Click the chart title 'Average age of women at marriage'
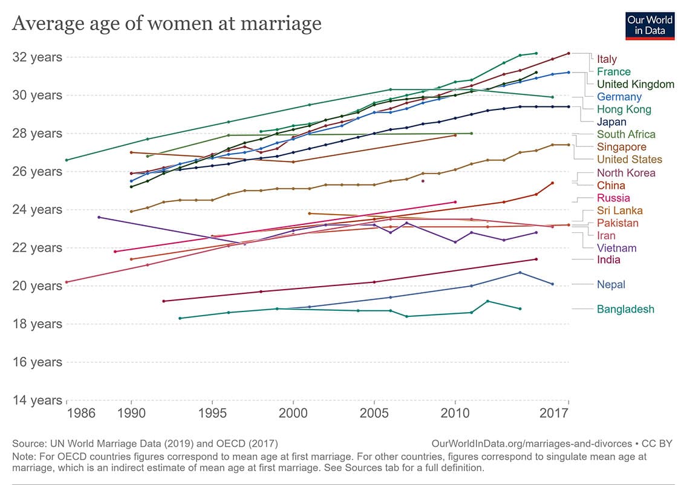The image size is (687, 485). click(x=166, y=24)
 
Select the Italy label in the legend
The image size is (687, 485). click(x=607, y=59)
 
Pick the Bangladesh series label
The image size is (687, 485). click(x=625, y=310)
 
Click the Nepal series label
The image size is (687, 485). click(x=611, y=285)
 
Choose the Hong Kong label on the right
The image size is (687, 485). click(x=624, y=109)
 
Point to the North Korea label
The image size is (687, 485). click(x=626, y=173)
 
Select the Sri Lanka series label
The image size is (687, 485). click(x=619, y=210)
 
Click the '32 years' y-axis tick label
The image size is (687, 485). click(x=37, y=57)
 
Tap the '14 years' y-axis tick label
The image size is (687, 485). click(x=37, y=400)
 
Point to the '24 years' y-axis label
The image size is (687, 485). click(x=37, y=210)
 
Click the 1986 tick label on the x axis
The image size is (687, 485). click(x=81, y=414)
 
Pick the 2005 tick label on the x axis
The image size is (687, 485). click(x=374, y=414)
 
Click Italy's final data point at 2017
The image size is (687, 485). click(x=568, y=53)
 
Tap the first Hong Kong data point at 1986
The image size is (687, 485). click(x=67, y=160)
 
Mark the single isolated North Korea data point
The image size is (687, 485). click(x=423, y=181)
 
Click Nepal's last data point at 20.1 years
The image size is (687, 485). click(x=552, y=284)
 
